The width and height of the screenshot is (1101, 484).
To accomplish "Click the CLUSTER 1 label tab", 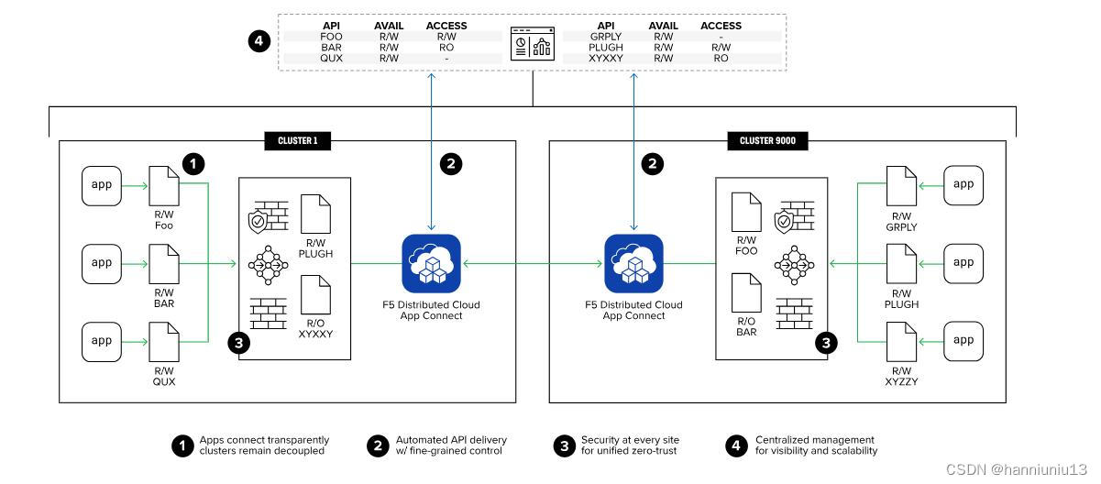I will [x=297, y=140].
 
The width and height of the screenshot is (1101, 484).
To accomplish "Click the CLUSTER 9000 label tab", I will [x=767, y=140].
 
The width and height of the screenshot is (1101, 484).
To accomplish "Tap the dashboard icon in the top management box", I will [x=532, y=43].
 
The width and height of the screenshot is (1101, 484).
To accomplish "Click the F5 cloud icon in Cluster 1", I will [x=431, y=263].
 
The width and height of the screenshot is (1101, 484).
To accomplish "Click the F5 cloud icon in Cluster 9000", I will [x=633, y=263].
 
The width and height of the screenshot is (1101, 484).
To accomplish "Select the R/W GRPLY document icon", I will [x=902, y=186].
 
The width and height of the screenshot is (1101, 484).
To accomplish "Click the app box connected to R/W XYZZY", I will [x=963, y=341].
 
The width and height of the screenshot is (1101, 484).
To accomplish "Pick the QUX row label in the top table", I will [x=331, y=58].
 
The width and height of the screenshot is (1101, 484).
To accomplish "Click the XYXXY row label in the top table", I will [x=606, y=58].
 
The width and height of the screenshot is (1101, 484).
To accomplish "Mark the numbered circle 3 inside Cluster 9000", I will [x=828, y=344].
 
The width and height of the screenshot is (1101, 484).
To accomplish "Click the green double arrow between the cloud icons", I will [x=532, y=264].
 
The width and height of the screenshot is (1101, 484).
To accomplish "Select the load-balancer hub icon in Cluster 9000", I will [x=794, y=264].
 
